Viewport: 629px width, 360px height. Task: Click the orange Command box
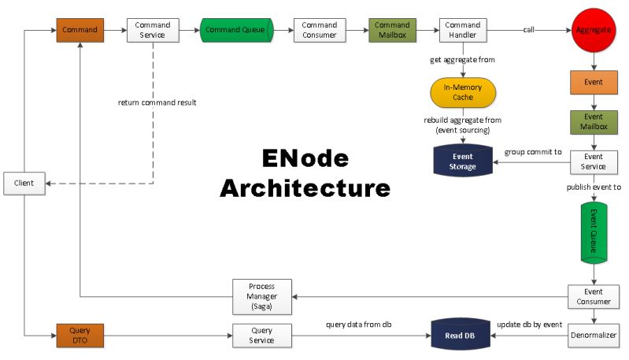click(80, 30)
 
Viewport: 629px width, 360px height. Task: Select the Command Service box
click(153, 30)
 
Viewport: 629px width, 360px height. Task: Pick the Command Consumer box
click(319, 30)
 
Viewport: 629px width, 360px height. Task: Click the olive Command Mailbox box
click(392, 30)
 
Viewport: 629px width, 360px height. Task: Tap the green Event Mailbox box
click(594, 122)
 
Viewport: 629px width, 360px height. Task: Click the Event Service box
click(594, 161)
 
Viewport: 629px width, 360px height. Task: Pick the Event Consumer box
click(594, 296)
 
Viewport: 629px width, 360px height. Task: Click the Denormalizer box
click(594, 336)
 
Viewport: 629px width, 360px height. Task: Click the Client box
click(24, 184)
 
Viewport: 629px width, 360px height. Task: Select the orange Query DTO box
click(80, 336)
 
